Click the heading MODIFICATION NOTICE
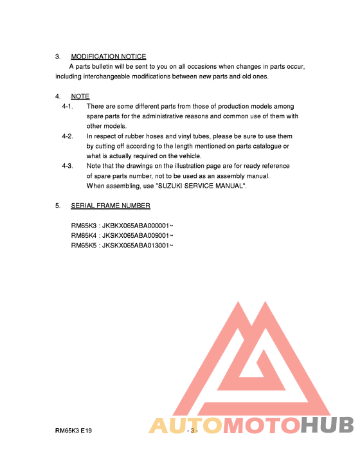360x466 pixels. tap(108, 57)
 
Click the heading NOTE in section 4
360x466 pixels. tap(80, 96)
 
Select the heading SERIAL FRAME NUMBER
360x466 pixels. tap(111, 206)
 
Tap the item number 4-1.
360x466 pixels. tap(67, 106)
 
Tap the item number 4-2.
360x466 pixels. tap(67, 136)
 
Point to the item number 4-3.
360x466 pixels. tap(67, 166)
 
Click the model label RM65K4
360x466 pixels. tap(84, 235)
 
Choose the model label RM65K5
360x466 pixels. tap(84, 245)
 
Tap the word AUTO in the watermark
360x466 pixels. tap(184, 426)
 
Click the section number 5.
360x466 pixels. tap(58, 206)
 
